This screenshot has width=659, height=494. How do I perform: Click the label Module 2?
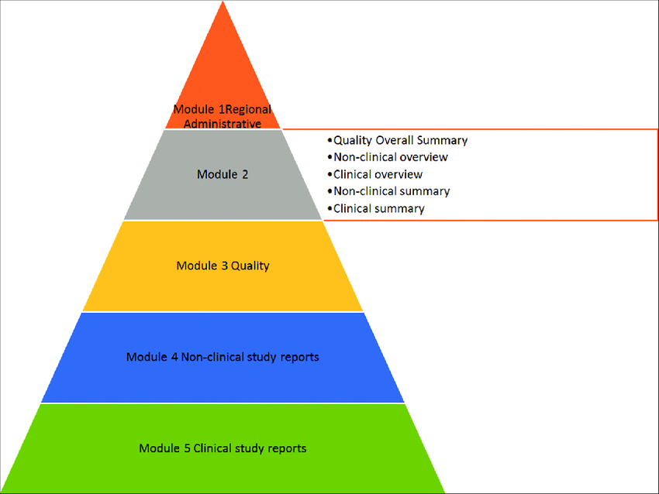(x=223, y=175)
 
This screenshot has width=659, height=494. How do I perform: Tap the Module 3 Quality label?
(x=223, y=266)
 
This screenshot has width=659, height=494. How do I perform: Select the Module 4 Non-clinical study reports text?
(x=223, y=357)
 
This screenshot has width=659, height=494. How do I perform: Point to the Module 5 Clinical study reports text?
(x=223, y=448)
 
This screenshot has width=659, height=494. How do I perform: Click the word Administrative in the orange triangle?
(x=222, y=122)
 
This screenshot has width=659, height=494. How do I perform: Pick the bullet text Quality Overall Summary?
(x=399, y=140)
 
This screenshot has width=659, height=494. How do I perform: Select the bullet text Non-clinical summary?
(x=391, y=191)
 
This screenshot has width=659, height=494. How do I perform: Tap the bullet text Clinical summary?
(x=378, y=208)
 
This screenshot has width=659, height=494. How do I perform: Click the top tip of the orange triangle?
(x=223, y=4)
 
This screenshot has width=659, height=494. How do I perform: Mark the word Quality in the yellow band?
(x=250, y=266)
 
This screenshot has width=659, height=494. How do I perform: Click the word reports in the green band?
(x=287, y=448)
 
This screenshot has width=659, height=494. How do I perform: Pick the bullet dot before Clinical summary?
(x=329, y=208)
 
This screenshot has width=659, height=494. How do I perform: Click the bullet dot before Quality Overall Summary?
(x=329, y=140)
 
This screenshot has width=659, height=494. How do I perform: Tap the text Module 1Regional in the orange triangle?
(x=222, y=109)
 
